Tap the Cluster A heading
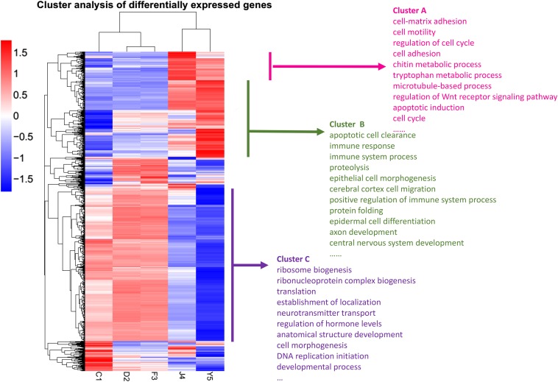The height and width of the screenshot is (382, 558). [414, 9]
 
